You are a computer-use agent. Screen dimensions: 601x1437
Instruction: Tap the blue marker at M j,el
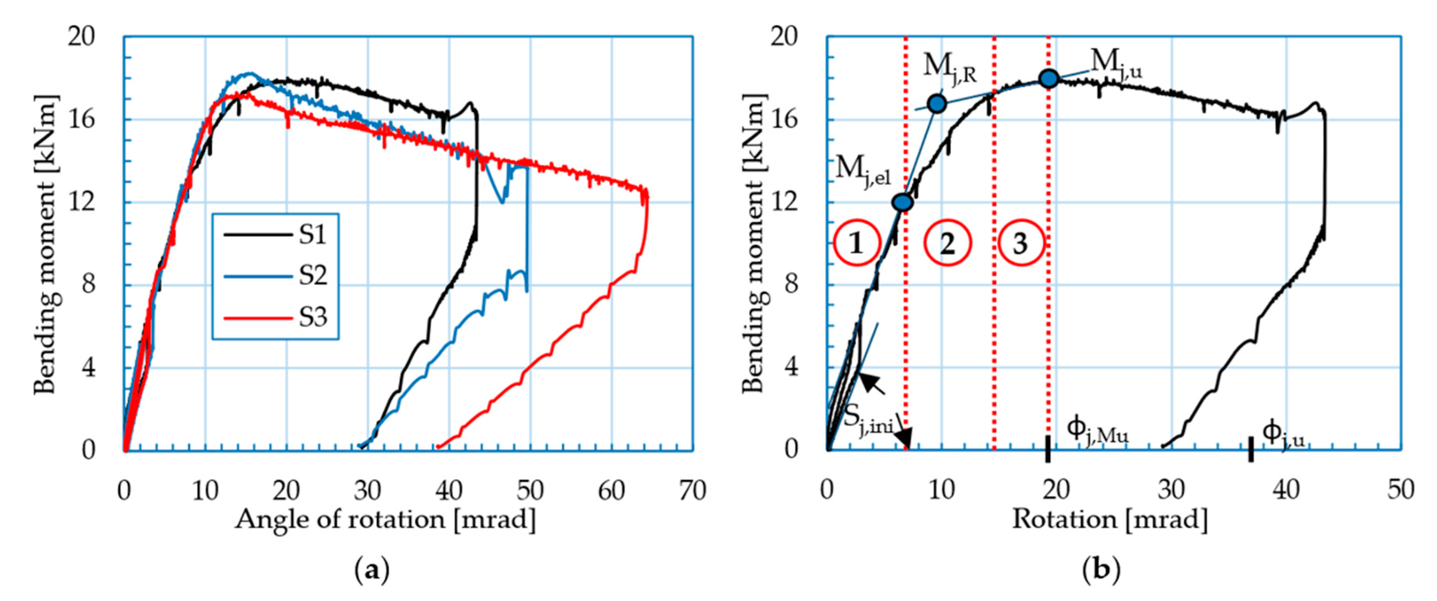point(902,202)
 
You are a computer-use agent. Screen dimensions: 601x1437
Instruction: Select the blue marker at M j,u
point(1049,79)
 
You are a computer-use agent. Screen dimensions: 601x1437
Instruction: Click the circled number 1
point(857,243)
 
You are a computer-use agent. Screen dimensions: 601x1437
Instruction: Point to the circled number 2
point(948,243)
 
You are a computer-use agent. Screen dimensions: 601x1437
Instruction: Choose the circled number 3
point(1020,243)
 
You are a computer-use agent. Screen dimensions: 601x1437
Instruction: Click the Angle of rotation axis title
point(385,520)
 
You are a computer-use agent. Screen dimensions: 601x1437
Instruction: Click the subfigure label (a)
point(371,571)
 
